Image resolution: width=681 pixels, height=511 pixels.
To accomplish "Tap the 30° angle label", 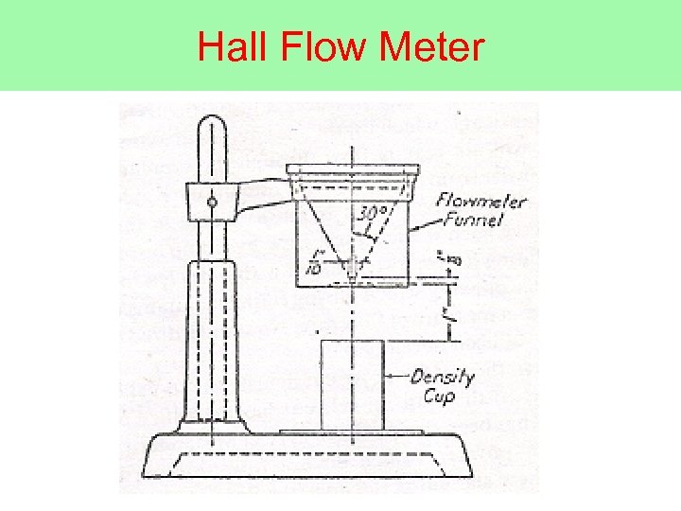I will [x=372, y=212].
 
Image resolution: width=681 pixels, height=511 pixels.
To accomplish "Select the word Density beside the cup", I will [x=443, y=378].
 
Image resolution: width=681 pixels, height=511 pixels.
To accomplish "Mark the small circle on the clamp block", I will [x=212, y=201].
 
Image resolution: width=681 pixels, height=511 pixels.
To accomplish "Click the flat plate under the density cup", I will [x=352, y=432].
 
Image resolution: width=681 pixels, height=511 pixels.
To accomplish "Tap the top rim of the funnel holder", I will [x=352, y=170].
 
